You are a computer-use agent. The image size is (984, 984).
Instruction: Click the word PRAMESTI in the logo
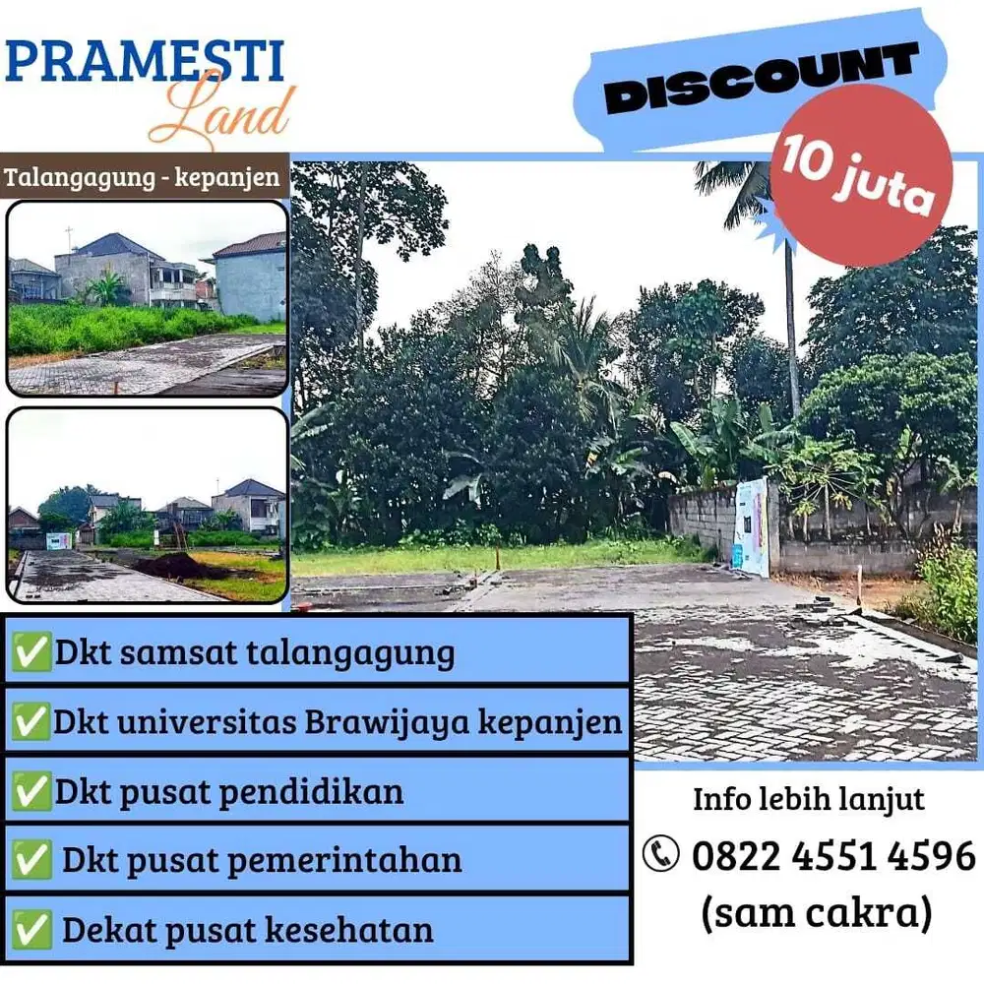[x=145, y=61]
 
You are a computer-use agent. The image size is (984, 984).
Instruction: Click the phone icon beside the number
[x=661, y=853]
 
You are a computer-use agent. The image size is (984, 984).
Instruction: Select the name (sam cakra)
[x=816, y=912]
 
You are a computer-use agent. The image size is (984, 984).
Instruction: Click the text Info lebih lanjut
[x=809, y=798]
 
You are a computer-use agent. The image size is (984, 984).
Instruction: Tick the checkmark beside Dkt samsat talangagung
[x=31, y=652]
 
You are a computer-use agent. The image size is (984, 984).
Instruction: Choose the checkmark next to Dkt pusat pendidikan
[x=31, y=792]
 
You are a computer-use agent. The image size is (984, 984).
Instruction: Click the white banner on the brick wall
[x=752, y=526]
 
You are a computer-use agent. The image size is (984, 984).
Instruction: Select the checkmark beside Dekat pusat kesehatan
[x=31, y=929]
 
